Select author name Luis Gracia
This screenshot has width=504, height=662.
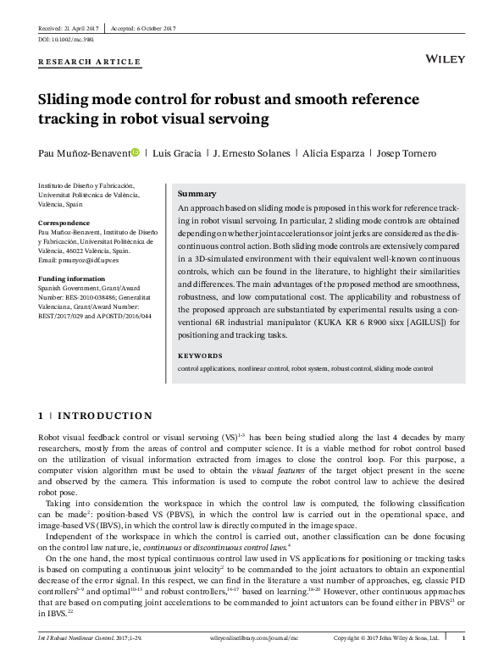[x=176, y=153]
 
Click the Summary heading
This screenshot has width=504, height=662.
[x=197, y=194]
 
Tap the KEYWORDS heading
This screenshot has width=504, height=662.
[x=200, y=356]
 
